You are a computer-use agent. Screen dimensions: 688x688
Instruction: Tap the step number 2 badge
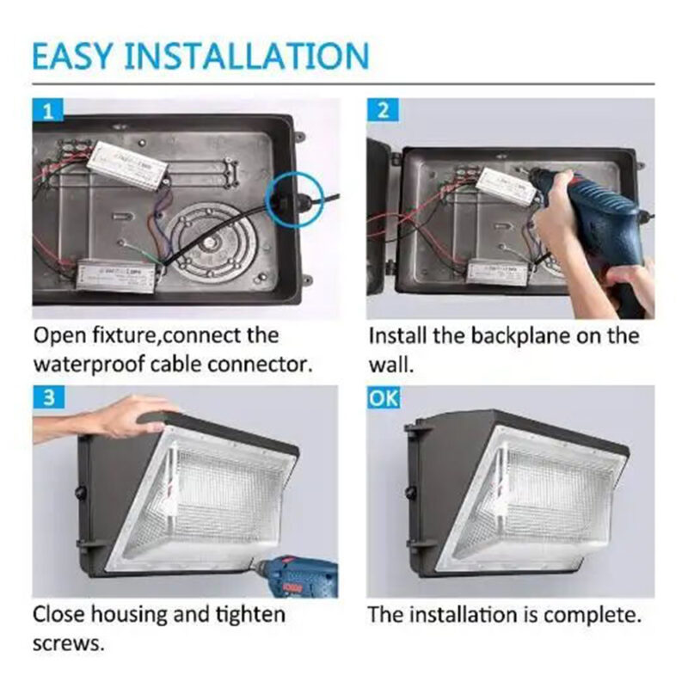pos(383,111)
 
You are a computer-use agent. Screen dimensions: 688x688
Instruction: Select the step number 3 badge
pos(46,398)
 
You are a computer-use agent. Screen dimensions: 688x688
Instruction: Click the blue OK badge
pos(383,398)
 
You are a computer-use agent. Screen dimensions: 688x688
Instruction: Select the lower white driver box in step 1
pos(116,275)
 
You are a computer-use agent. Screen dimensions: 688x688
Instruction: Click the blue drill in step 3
pos(297,575)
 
